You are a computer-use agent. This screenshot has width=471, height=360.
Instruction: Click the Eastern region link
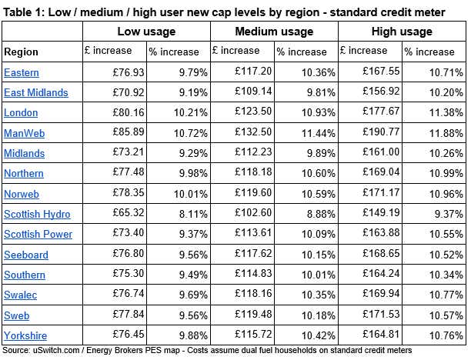pos(22,72)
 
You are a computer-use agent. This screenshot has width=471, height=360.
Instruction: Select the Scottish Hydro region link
pos(37,214)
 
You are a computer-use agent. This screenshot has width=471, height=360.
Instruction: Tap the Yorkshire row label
pos(25,335)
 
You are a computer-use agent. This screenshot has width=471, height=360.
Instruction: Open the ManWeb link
pos(25,133)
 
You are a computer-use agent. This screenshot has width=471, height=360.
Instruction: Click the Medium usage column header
pos(274,32)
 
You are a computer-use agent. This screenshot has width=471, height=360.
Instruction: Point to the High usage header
pos(402,32)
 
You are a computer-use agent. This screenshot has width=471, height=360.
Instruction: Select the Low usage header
pos(146,32)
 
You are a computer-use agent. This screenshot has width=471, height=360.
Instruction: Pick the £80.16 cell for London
pos(129,112)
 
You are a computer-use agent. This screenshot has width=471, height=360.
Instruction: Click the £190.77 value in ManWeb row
pos(381,132)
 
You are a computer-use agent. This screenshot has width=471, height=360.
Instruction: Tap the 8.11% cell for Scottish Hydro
pos(193,214)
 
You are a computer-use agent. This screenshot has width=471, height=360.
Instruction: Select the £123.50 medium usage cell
pos(253,111)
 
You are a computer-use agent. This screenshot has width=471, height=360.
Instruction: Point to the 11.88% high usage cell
pos(446,133)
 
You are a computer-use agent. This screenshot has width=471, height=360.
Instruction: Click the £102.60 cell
pos(253,212)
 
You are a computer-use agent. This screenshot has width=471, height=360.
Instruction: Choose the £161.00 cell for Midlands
pos(381,152)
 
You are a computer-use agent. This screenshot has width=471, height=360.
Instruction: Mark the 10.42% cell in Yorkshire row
pos(319,335)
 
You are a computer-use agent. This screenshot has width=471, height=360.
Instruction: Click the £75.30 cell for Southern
pos(129,273)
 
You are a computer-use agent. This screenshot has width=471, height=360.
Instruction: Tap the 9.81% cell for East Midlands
pos(321,92)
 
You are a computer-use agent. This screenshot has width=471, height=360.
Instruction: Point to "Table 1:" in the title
pos(23,12)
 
